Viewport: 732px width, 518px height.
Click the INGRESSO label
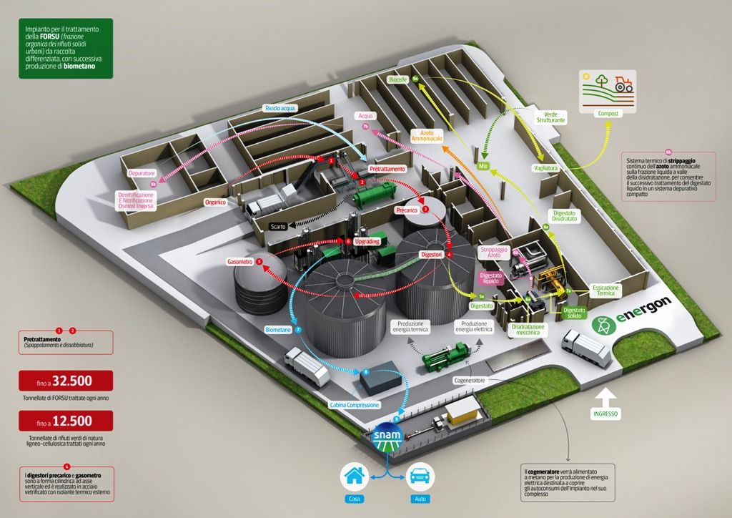[605, 414]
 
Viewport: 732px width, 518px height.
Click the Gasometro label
[240, 262]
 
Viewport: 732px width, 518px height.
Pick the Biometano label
[278, 330]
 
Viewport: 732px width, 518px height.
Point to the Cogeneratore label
[470, 381]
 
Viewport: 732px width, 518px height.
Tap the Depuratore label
[141, 173]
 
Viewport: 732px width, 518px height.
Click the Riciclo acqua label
[280, 108]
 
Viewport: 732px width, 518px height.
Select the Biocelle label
[398, 79]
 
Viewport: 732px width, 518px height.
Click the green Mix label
[483, 166]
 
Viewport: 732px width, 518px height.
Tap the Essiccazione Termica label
[605, 290]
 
